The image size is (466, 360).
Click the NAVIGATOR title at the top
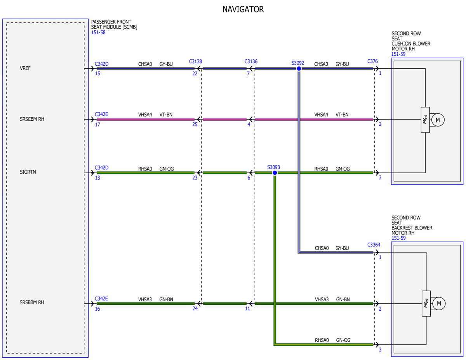point(243,9)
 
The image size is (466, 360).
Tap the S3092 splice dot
point(299,69)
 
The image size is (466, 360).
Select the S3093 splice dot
point(275,173)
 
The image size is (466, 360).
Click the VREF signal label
point(25,68)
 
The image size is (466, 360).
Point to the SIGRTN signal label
point(28,172)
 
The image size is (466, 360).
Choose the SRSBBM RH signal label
point(32,302)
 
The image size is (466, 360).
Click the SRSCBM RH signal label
point(32,119)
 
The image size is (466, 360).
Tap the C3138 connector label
point(195,61)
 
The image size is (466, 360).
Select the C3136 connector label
point(251,61)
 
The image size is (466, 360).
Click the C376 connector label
point(372,61)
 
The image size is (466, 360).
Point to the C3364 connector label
point(374,245)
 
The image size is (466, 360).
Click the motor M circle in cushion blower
point(438,120)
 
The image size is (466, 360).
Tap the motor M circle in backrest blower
point(439,303)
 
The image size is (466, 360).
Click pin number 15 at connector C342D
point(97,73)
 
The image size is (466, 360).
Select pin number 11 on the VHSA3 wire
point(247,308)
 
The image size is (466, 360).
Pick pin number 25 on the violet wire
point(195,124)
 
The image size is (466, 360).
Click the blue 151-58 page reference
point(98,32)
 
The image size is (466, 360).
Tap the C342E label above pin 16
point(101,299)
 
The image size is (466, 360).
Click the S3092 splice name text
point(297,63)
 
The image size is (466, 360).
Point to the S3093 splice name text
point(273,167)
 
